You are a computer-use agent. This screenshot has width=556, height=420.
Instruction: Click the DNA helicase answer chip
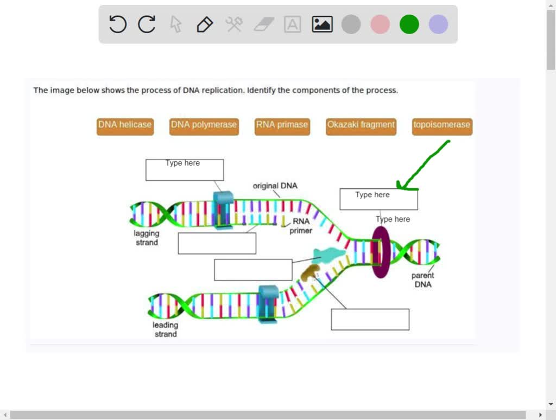coord(125,125)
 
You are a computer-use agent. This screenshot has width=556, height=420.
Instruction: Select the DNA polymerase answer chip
coord(204,125)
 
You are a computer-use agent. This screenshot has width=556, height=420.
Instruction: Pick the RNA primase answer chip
coord(282,125)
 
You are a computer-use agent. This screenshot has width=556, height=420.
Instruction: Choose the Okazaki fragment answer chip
coord(361,125)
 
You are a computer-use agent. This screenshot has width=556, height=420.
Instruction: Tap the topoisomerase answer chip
coord(442,125)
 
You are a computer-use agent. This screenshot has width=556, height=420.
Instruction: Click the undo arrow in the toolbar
coord(118,24)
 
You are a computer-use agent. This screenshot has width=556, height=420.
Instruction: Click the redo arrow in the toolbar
coord(147,24)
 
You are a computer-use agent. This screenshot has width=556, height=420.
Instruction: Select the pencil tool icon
coord(205,24)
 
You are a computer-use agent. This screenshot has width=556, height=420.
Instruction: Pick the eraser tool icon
coord(264,24)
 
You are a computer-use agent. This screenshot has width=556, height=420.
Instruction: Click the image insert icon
coord(322,24)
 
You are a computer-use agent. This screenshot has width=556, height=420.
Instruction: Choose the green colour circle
coord(409,24)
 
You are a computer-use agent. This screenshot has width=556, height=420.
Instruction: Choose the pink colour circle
coord(380,24)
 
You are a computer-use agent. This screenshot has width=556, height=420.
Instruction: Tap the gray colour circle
coord(351,24)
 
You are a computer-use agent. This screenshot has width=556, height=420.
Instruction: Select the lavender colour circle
coord(438,24)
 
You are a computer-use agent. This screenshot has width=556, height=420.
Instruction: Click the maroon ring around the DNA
coord(381,252)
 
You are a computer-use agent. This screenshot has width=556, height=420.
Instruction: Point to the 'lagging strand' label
coord(147,238)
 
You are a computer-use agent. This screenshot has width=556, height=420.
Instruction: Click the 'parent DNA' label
coord(422,280)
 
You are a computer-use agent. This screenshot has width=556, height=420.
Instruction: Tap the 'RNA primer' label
coord(301,226)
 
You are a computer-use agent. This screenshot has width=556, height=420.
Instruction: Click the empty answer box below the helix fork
coord(370,320)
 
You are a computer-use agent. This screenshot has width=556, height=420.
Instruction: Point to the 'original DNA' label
coord(275,186)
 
